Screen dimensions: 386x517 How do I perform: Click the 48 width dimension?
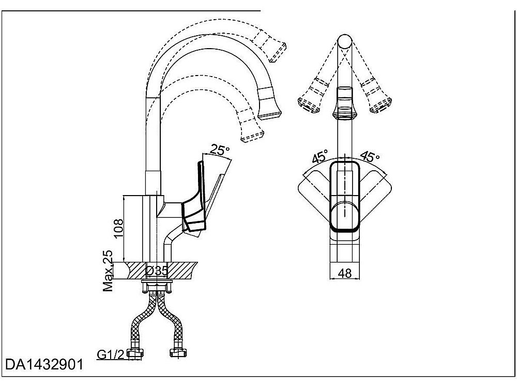tap(345, 274)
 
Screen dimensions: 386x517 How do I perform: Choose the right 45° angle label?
tap(370, 157)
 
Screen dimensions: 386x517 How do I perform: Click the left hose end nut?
tap(136, 354)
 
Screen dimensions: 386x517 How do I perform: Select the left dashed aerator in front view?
tap(312, 98)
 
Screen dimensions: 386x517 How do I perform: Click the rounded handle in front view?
tap(345, 197)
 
